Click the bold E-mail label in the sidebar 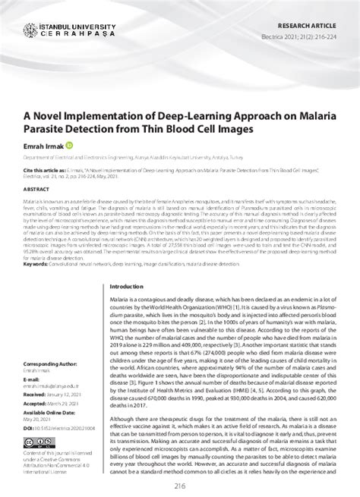(x=33, y=379)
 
